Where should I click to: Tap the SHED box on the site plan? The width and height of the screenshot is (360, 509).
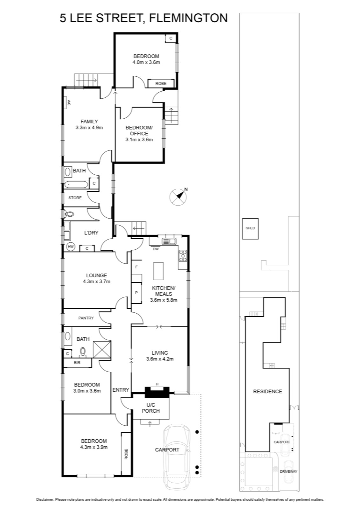(x=250, y=229)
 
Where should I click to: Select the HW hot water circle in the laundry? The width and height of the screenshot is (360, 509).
(x=71, y=247)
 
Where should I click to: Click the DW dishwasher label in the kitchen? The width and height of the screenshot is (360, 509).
(x=156, y=249)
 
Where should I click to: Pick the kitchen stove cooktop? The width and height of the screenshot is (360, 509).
(x=183, y=256)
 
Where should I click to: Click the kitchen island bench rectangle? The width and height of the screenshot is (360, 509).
(x=158, y=271)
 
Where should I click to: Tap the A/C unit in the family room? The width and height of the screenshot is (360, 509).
(x=68, y=103)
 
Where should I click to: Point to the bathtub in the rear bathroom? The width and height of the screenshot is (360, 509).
(x=76, y=185)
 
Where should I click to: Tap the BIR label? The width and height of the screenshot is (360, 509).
(x=77, y=363)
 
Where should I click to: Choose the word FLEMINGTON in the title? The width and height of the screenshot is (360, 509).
(x=189, y=18)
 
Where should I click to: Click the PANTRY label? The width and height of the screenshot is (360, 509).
(x=86, y=318)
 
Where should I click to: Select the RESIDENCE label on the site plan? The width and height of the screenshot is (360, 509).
(x=267, y=392)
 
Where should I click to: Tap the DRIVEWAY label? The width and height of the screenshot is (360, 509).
(x=288, y=471)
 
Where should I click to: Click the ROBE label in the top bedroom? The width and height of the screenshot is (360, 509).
(x=161, y=83)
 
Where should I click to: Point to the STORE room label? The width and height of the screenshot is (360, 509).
(x=75, y=198)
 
